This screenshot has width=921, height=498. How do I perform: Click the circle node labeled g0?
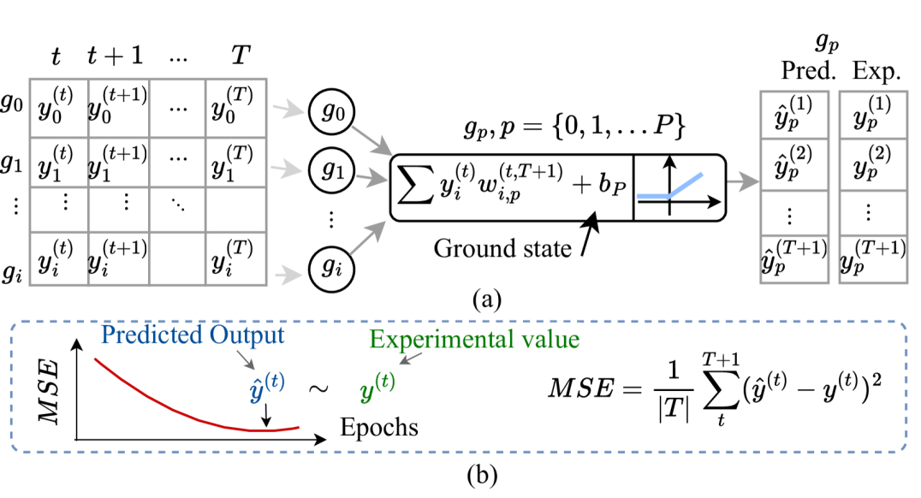click(332, 111)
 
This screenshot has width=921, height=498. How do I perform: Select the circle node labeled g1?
click(332, 170)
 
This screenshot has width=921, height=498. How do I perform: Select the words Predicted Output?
click(192, 335)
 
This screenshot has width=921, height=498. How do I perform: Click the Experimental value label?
click(474, 340)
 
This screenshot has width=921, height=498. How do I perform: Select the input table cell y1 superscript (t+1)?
click(119, 162)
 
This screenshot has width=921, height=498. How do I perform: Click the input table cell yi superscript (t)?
click(57, 258)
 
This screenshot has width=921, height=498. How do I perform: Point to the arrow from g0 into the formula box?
click(370, 137)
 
